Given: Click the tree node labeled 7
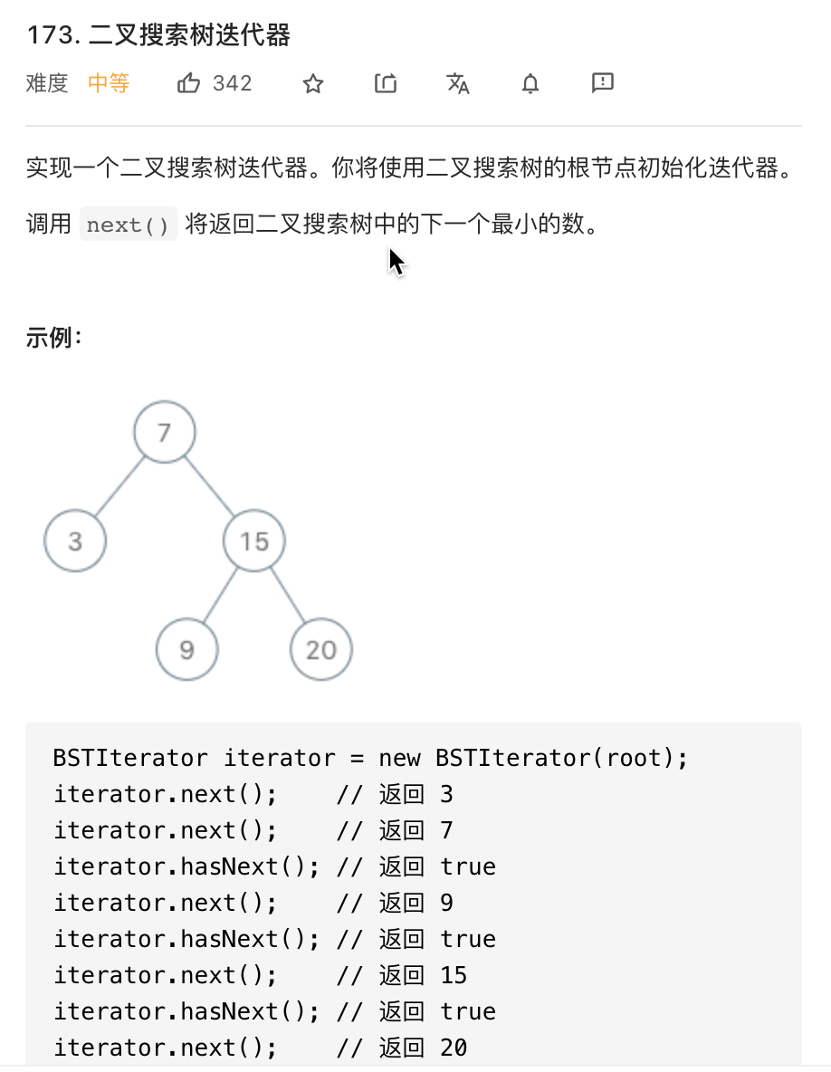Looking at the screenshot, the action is click(x=164, y=433).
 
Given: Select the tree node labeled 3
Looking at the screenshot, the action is click(x=75, y=541).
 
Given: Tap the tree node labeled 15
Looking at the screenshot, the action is click(x=254, y=541).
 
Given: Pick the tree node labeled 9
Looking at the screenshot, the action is click(x=186, y=649).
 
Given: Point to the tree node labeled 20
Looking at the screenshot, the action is click(x=320, y=649).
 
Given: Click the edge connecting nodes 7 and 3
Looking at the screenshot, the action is click(x=119, y=487).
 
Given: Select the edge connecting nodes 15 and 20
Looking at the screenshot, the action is click(x=288, y=595).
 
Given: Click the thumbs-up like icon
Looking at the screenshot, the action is click(x=188, y=84).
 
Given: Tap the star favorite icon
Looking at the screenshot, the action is click(x=313, y=84).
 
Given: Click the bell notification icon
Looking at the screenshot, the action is click(x=530, y=84).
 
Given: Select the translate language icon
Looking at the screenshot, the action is click(x=458, y=84).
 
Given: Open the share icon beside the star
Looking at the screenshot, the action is click(x=386, y=84).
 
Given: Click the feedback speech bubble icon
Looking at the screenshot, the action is click(x=603, y=83).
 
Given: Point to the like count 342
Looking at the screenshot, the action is click(x=233, y=84).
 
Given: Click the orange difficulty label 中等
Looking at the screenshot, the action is click(x=109, y=84).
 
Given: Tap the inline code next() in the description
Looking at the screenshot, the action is click(x=128, y=225).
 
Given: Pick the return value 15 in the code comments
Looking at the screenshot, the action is click(x=454, y=975).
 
